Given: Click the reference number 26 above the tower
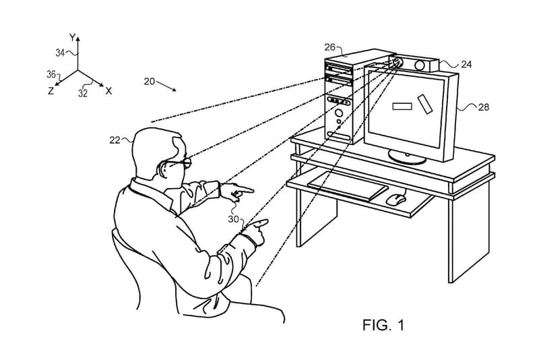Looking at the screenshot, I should click(329, 47).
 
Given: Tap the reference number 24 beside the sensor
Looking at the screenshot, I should click(466, 65).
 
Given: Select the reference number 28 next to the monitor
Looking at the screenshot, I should click(484, 107).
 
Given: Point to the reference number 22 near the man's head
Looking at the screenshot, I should click(115, 140).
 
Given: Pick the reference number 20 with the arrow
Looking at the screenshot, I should click(150, 82).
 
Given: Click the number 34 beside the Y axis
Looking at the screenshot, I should click(61, 53).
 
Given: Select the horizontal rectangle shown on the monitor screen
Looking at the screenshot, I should click(402, 105).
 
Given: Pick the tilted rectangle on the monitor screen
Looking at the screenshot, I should click(426, 104).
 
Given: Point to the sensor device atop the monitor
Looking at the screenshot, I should click(414, 64).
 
